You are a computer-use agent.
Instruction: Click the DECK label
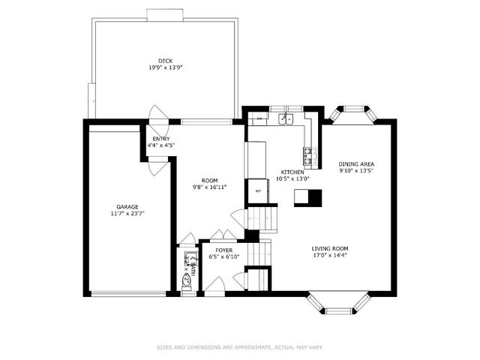pos(165,61)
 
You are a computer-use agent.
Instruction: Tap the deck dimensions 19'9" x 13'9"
pos(165,67)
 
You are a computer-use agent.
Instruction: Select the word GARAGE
pos(127,206)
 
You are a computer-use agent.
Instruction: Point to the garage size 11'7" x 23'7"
pos(127,213)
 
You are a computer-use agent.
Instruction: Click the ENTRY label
pos(160,139)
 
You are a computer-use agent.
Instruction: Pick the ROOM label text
pos(209,180)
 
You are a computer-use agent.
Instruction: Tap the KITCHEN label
pos(292,172)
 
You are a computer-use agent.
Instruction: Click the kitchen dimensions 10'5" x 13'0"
pos(292,178)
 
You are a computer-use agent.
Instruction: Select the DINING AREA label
pos(355,163)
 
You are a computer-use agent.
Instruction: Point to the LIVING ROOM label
pos(330,248)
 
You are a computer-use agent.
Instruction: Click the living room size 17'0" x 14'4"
pos(330,255)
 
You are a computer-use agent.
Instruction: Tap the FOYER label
pos(223,250)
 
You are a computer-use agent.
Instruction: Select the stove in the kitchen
pos(309,155)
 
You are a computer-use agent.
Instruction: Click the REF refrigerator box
pos(258,190)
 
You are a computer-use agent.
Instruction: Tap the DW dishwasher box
pos(259,118)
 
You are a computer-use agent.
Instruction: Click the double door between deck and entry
pos(158,115)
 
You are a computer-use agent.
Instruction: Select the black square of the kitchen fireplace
pos(315,197)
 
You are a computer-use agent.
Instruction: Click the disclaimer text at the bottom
pos(240,347)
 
